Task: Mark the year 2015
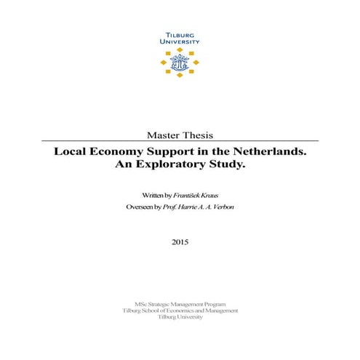pyautogui.click(x=180, y=241)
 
